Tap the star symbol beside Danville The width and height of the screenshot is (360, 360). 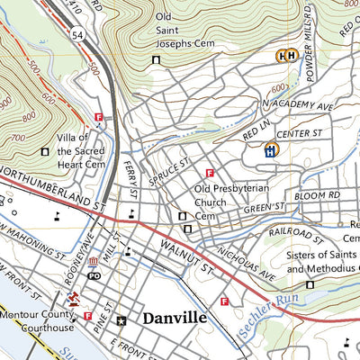[121, 319]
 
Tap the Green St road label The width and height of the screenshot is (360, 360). [264, 209]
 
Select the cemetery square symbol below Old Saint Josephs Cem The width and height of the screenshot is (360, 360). [156, 60]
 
